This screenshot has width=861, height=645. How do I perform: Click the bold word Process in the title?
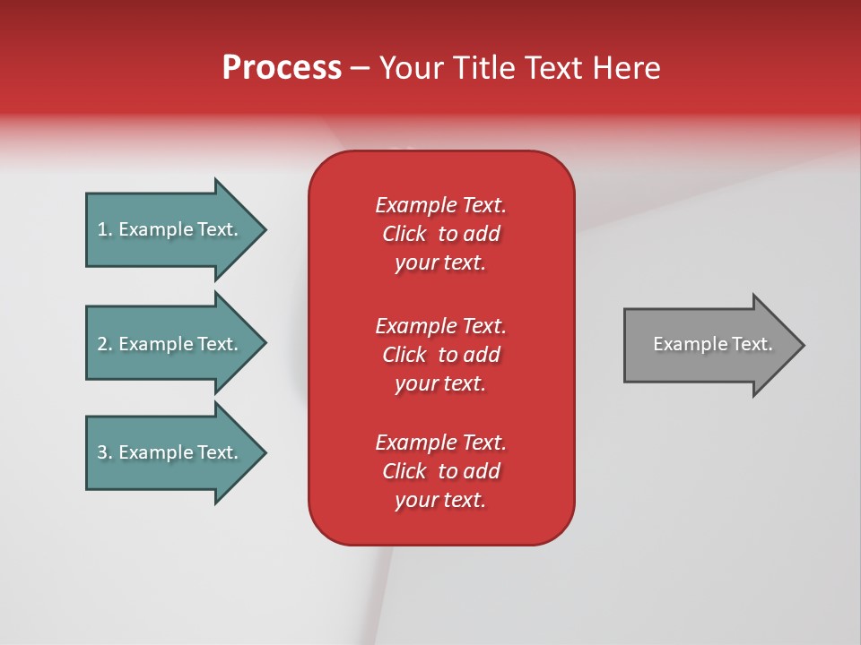point(282,68)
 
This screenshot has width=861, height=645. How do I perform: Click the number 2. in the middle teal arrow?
point(105,344)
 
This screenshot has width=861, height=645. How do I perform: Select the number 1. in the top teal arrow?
point(105,229)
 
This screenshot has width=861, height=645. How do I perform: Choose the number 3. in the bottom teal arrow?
point(105,452)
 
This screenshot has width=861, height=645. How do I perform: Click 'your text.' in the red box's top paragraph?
point(440,263)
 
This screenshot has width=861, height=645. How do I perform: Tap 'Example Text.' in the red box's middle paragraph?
point(440,325)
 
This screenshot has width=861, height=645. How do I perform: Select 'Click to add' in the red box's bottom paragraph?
point(440,471)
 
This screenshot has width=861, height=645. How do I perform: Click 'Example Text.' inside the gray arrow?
point(713,344)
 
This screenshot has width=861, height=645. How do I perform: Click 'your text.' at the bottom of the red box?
point(440,501)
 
